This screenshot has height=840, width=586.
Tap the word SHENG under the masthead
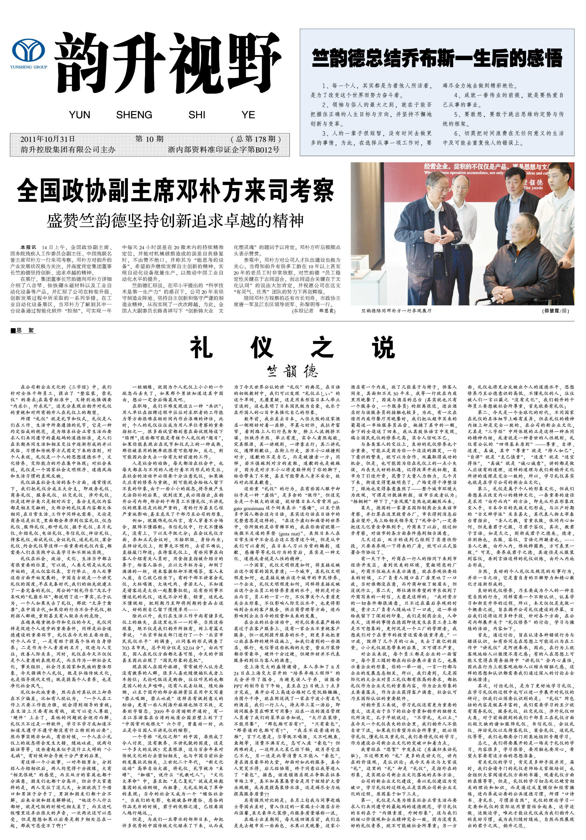point(134,115)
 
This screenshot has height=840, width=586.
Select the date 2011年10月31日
point(48,139)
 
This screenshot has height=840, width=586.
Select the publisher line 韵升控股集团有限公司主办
point(68,150)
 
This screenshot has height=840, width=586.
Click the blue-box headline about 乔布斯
point(437,58)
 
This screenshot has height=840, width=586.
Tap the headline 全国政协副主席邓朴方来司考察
point(175,190)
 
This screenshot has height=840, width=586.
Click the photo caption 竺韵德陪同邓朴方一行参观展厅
point(396,311)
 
